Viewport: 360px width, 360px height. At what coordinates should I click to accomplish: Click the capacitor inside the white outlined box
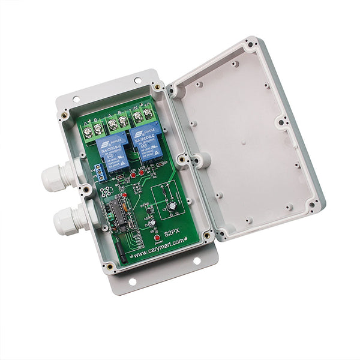point(172,206)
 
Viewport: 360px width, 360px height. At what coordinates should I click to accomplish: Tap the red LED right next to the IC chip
point(124,195)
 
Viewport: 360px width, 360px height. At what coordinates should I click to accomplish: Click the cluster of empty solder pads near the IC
point(106,193)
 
